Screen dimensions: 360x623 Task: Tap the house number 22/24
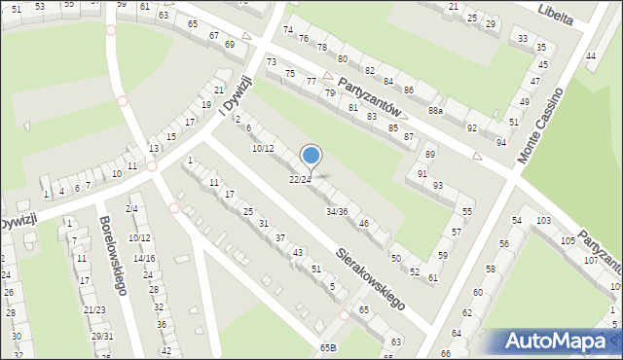[x=300, y=179]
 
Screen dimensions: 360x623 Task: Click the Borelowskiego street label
[x=114, y=255]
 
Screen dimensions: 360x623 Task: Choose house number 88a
[x=435, y=111]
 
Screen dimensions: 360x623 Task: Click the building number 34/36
[x=336, y=211]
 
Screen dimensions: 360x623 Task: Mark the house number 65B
[x=326, y=347]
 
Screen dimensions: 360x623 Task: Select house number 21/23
[x=94, y=309]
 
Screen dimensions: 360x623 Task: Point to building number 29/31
[x=102, y=337]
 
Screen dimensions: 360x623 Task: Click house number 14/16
[x=143, y=258]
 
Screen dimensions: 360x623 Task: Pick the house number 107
[x=590, y=261]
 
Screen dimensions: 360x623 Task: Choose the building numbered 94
[x=500, y=142]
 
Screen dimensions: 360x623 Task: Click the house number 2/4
[x=131, y=209]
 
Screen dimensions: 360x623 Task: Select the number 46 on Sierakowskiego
[x=363, y=224]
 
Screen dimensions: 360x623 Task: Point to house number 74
[x=287, y=30]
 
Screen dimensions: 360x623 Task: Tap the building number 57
[x=457, y=232]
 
